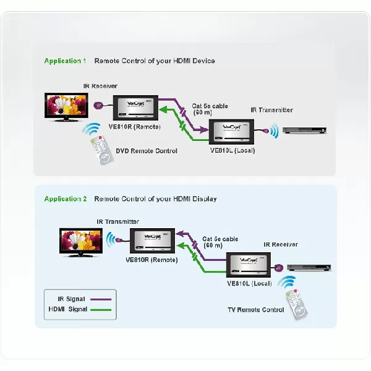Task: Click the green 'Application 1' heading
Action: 65,61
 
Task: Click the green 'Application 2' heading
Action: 65,199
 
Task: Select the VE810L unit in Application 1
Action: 232,132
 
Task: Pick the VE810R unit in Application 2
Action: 152,241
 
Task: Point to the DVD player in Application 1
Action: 304,130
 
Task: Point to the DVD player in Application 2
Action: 312,268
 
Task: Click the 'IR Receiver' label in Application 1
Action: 100,86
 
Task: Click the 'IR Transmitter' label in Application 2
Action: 117,221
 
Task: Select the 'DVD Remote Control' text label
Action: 147,151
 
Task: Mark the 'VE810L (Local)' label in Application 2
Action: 249,283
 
